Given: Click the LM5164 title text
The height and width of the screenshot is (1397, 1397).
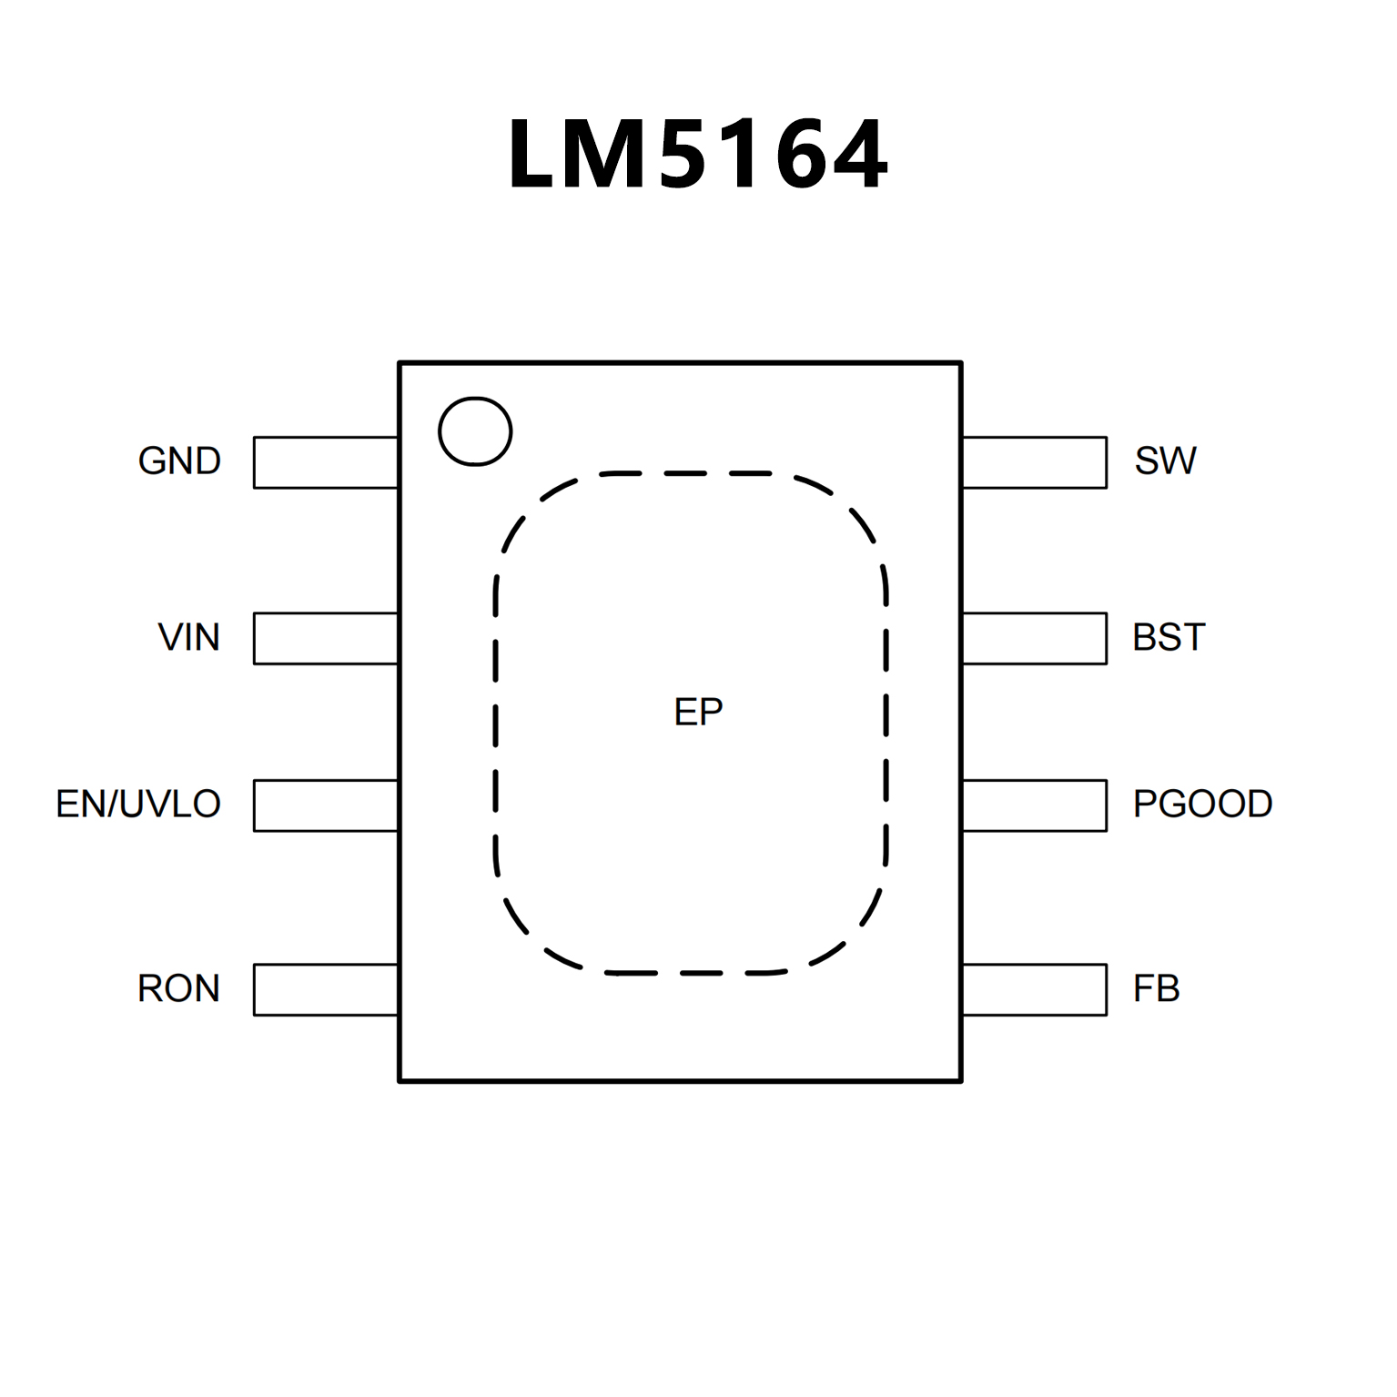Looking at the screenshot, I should point(697,155).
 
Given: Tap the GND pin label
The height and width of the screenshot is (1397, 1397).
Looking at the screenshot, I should point(179,461).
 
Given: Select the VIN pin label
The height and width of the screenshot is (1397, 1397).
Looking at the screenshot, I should point(189,637).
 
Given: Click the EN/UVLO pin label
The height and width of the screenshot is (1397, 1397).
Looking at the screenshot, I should point(138,805).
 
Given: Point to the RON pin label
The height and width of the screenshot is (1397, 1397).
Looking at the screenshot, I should point(178,988).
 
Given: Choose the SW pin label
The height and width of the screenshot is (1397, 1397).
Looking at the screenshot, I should point(1165,461).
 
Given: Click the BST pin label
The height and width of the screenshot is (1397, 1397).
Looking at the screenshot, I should point(1169,637).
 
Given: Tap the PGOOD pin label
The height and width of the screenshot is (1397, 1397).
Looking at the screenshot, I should point(1202,805).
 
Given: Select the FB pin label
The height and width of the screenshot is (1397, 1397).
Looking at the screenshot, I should point(1156,988).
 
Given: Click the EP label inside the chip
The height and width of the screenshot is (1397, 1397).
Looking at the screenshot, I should point(698,712).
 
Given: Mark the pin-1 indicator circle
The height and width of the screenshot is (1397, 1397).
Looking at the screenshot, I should point(475,431).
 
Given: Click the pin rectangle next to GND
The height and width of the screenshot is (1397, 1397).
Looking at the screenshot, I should point(326,462).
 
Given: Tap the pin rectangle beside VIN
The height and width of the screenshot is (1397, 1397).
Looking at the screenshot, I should point(326,638).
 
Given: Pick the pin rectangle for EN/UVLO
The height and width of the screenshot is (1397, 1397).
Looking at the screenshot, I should point(326,805).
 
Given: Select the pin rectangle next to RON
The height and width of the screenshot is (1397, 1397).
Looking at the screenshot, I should point(326,989).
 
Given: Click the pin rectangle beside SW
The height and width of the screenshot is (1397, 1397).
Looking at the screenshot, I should point(1035,462).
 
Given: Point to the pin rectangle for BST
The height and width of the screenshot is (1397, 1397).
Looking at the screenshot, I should point(1035,638).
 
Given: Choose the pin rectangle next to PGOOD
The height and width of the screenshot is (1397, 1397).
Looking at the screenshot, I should point(1035,805).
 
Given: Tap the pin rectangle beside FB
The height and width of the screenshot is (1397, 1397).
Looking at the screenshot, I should point(1035,989).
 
